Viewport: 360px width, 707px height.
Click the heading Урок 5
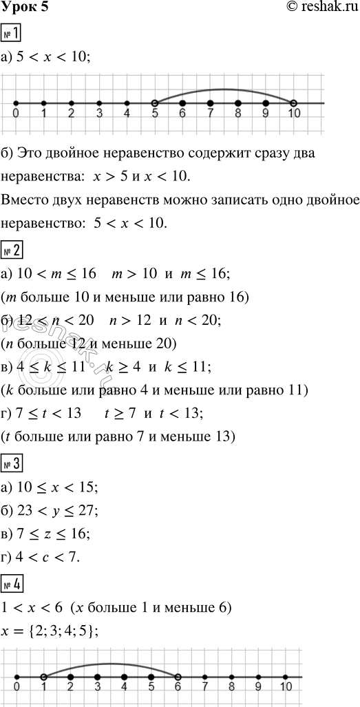point(25,8)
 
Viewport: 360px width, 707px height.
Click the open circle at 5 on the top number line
point(155,103)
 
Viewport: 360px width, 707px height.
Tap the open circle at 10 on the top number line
point(294,103)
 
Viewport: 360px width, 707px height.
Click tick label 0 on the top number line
point(16,115)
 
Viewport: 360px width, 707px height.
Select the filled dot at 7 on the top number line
point(211,103)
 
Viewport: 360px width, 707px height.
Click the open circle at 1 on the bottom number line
point(43,677)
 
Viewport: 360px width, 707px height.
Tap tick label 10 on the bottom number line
point(286,689)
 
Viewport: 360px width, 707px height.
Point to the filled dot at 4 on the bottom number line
point(124,677)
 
